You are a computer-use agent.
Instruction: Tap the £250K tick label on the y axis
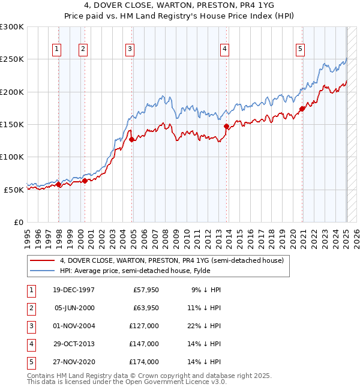pos(13,59)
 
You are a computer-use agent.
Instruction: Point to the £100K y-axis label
pos(13,157)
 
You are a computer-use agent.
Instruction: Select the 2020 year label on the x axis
pos(292,236)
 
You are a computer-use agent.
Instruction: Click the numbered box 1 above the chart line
pos(56,49)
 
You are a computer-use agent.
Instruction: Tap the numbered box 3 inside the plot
pos(130,49)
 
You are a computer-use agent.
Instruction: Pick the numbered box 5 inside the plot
pos(299,49)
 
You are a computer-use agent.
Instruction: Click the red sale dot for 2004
pos(131,139)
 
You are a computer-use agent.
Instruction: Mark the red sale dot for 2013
pos(227,127)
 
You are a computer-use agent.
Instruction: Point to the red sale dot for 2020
pos(302,109)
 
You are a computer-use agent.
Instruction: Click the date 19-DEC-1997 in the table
pos(74,290)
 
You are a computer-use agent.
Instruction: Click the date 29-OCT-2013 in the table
pos(74,344)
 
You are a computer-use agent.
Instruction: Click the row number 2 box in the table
pos(30,308)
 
